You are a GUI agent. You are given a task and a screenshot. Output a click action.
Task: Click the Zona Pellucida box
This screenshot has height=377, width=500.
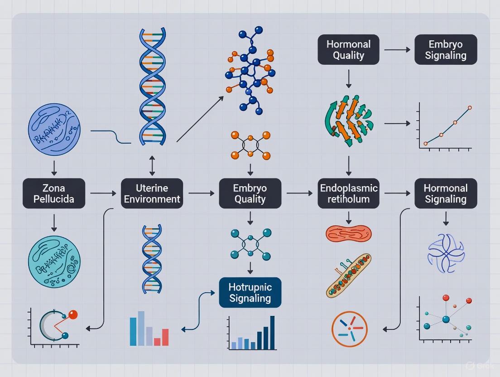click(x=54, y=193)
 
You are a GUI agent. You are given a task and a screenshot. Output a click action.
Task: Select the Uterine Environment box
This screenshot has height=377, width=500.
click(x=152, y=193)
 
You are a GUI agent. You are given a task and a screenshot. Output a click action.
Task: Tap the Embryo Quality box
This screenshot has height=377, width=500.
click(x=250, y=193)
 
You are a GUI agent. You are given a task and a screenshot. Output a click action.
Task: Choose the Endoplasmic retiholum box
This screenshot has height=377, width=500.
click(x=348, y=193)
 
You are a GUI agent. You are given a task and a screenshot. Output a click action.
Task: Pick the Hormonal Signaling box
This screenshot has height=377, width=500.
click(x=446, y=193)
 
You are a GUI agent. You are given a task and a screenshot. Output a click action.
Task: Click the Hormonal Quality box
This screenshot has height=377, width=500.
click(x=348, y=49)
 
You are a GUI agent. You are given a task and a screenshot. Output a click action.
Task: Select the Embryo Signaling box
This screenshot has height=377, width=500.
click(x=446, y=49)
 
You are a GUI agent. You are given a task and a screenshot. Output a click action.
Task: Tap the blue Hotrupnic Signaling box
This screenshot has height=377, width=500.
click(x=250, y=292)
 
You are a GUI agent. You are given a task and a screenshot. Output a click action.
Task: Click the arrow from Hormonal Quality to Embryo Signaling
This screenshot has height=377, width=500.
click(x=397, y=50)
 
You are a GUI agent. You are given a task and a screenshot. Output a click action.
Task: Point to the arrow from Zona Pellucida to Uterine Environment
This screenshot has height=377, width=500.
click(x=103, y=193)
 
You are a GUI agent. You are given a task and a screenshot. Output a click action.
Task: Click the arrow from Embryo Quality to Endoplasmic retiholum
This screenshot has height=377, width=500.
click(x=299, y=193)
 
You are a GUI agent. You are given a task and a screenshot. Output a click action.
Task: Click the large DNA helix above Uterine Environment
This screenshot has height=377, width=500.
click(x=152, y=86)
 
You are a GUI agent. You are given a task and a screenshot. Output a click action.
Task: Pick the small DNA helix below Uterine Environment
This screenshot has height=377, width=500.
click(x=152, y=252)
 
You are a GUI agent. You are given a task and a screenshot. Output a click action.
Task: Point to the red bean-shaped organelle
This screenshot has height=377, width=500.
click(x=348, y=233)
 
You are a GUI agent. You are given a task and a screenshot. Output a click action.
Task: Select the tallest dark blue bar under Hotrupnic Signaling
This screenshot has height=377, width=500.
click(x=272, y=333)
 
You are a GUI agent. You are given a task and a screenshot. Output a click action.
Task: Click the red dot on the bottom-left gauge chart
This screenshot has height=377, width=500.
click(x=73, y=314)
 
